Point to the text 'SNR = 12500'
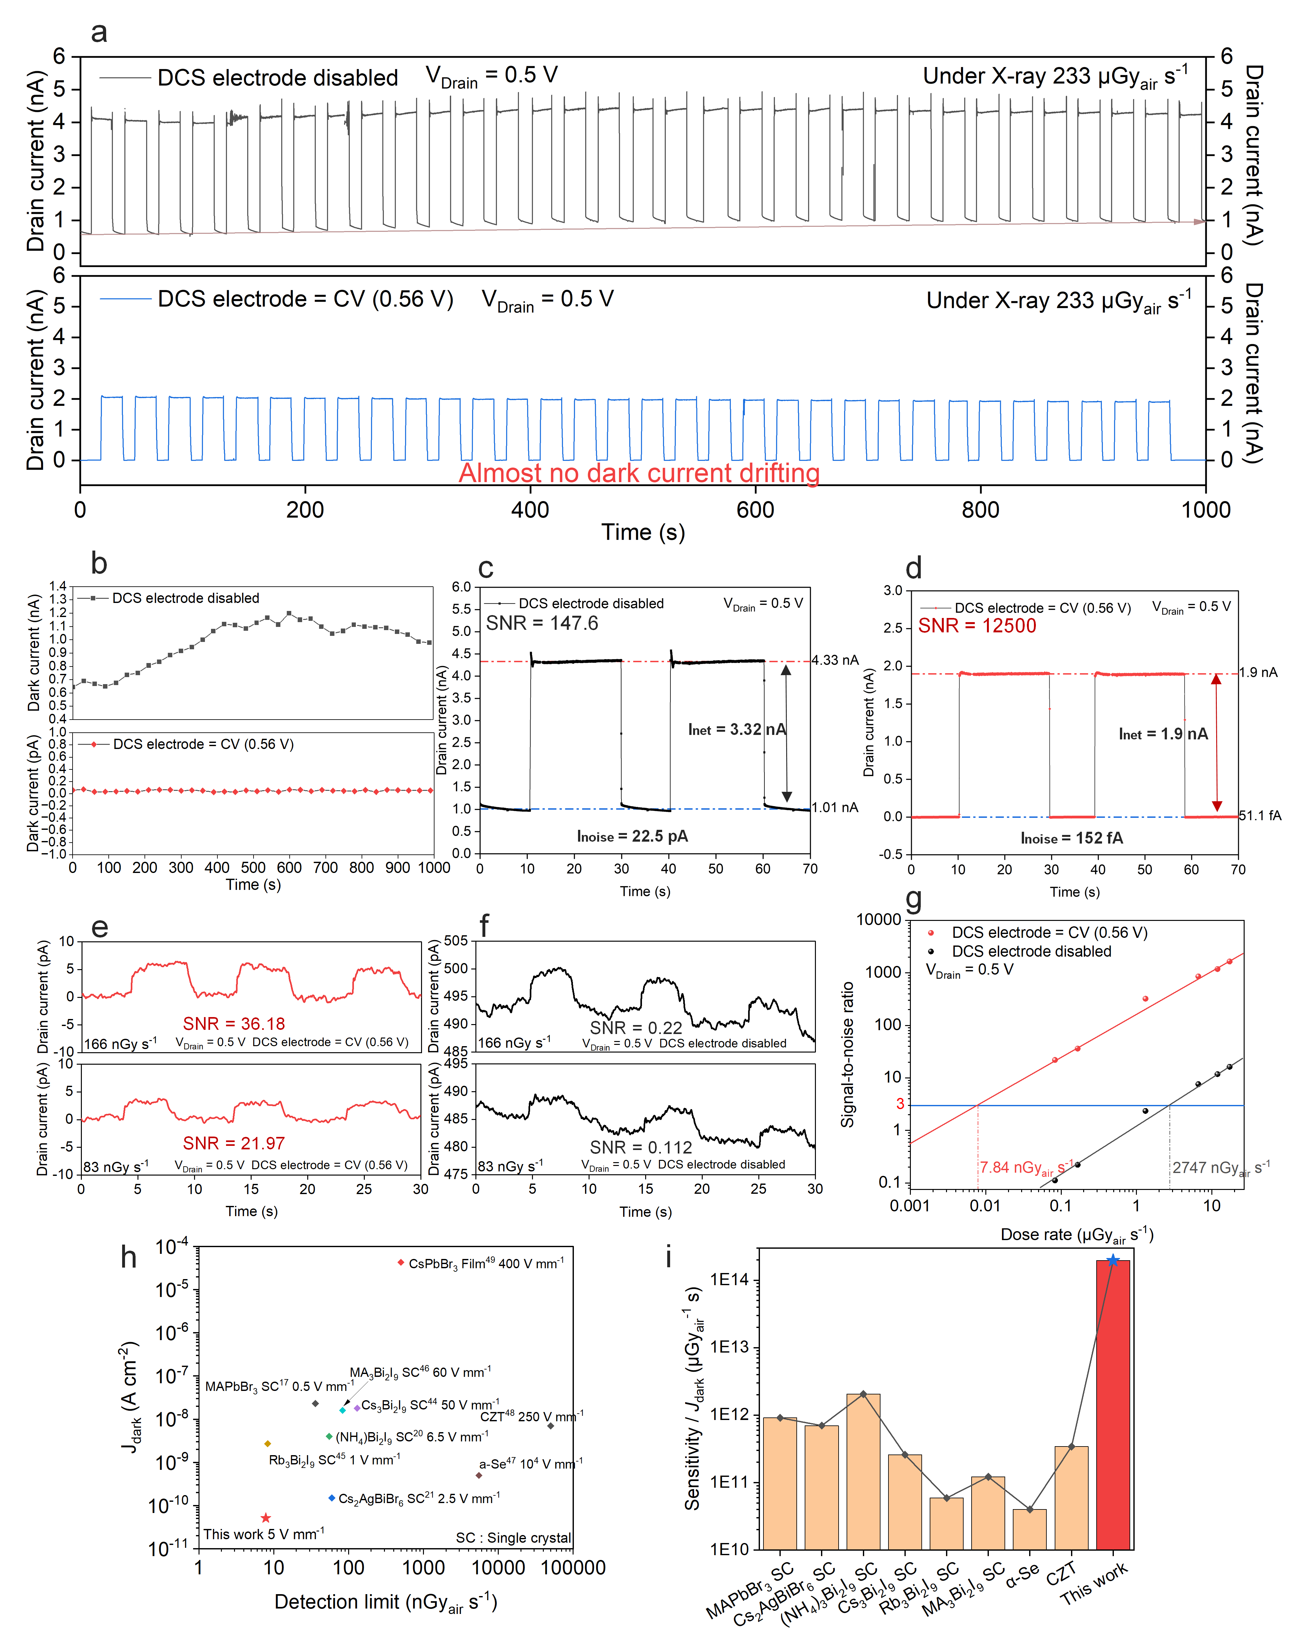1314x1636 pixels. pos(977,626)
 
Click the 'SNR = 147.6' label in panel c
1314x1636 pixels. pos(542,624)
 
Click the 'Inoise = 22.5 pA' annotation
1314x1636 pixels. pos(632,836)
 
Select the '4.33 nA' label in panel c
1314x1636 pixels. pos(835,660)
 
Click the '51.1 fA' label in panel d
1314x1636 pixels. pos(1260,816)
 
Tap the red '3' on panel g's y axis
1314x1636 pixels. pos(900,1104)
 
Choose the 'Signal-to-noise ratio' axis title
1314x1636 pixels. pos(848,1055)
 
